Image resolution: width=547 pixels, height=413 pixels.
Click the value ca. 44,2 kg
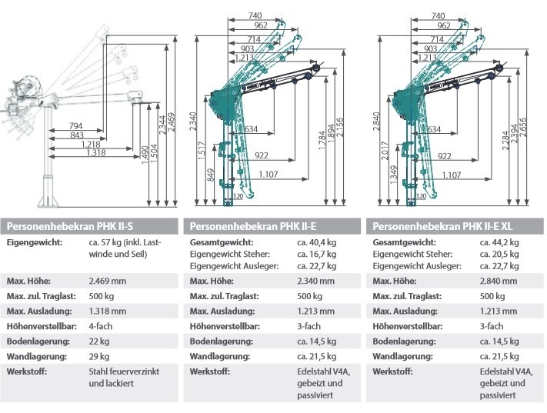498,241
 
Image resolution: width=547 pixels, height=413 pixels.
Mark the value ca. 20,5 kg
498,254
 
